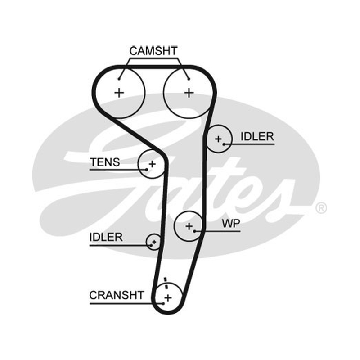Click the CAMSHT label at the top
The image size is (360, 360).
[x=153, y=51]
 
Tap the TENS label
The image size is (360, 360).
[x=105, y=162]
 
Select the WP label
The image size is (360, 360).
[x=231, y=223]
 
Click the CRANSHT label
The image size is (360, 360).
[x=117, y=295]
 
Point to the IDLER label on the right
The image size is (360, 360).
[x=257, y=137]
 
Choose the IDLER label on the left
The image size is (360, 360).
[x=106, y=237]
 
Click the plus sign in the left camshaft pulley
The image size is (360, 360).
[x=119, y=93]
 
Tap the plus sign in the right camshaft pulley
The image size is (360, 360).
[x=189, y=93]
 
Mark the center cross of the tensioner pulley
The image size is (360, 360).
[x=152, y=164]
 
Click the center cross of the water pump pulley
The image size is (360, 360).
[x=189, y=226]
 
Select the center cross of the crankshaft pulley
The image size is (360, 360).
[x=168, y=298]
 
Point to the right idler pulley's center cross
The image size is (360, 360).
[x=218, y=139]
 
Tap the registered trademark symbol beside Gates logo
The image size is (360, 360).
[x=321, y=208]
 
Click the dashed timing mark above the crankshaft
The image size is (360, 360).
[x=166, y=283]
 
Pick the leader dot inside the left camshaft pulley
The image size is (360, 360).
[x=119, y=79]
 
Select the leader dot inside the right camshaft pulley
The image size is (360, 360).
[x=189, y=79]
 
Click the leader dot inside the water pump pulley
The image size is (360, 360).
[x=194, y=231]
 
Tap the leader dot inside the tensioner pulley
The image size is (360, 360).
[x=147, y=170]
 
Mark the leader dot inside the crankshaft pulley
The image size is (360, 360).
[x=163, y=303]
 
